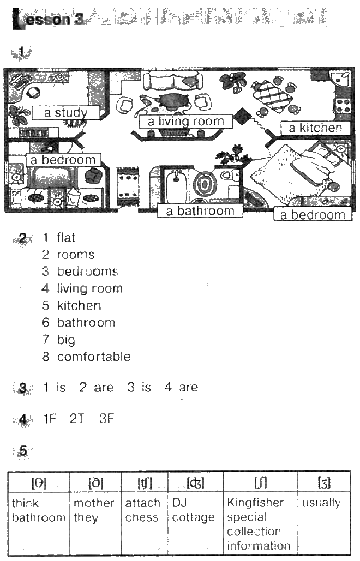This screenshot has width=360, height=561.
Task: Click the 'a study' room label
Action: pos(65,113)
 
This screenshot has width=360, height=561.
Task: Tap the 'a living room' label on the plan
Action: pos(186,122)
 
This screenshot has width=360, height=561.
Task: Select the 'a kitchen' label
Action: pos(315,128)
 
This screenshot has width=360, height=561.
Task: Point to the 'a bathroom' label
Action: pos(200,211)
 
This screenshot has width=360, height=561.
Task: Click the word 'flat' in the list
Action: pos(66,238)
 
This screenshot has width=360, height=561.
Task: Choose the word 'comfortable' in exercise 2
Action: pos(94,357)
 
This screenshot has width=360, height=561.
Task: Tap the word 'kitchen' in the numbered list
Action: pos(79,305)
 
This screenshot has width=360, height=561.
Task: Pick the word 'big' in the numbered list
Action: pos(66,340)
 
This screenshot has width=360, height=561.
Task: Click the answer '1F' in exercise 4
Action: pos(50,419)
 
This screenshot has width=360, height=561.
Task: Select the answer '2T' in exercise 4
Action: pos(77,419)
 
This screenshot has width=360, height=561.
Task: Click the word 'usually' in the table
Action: pos(321,503)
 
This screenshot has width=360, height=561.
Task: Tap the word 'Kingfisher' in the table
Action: pos(255,503)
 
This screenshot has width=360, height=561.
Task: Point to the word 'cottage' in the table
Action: pos(193,517)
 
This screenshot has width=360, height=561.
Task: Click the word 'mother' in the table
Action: pos(94,503)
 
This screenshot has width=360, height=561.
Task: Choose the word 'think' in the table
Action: pos(25,503)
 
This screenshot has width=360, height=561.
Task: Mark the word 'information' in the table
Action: pos(259,546)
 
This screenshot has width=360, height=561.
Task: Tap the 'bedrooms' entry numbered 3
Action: pos(87,272)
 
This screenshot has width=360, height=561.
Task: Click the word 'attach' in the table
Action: pos(142,503)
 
